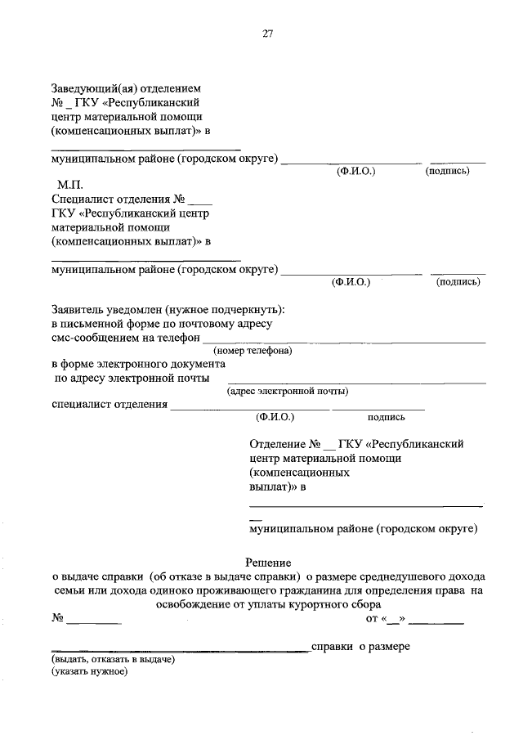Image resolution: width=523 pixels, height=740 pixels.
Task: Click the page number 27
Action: (268, 34)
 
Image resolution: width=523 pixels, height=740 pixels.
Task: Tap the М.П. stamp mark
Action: (70, 185)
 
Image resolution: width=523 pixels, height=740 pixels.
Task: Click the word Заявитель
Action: (78, 310)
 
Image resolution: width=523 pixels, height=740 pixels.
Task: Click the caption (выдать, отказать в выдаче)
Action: (113, 659)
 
